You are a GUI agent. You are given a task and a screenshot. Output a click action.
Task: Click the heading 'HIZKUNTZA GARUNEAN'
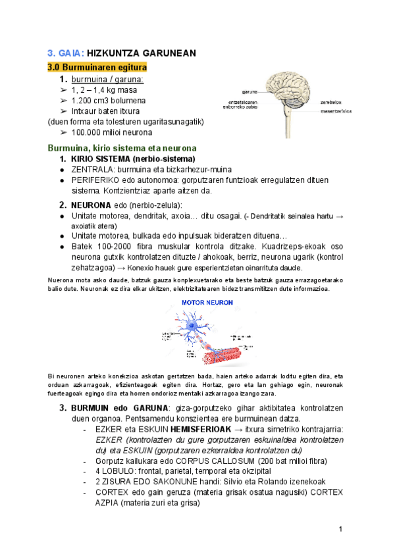coord(142,53)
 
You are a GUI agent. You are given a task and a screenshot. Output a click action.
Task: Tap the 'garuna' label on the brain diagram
coord(249,91)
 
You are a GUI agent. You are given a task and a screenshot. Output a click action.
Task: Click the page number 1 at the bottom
coord(340,529)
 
